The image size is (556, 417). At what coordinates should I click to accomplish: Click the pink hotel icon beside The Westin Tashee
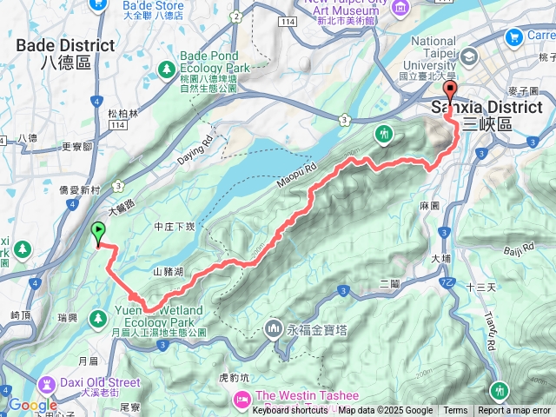240,399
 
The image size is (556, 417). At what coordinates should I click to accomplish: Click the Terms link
455,411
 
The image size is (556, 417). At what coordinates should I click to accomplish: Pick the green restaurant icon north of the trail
384,134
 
